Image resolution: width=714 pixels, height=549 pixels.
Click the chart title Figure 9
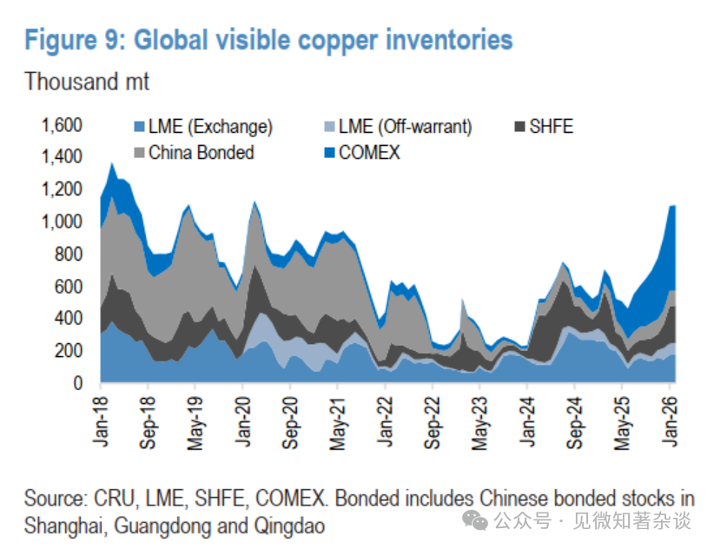[x=268, y=40]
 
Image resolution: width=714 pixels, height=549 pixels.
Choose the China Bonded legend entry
[x=201, y=153]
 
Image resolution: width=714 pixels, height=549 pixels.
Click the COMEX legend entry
[x=369, y=153]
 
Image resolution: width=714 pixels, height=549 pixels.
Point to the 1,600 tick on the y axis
[x=61, y=126]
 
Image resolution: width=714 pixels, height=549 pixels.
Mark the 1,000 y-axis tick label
[x=61, y=222]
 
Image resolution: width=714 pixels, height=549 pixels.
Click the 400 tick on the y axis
[x=69, y=319]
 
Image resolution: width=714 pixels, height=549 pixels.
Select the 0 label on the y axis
[x=78, y=383]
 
